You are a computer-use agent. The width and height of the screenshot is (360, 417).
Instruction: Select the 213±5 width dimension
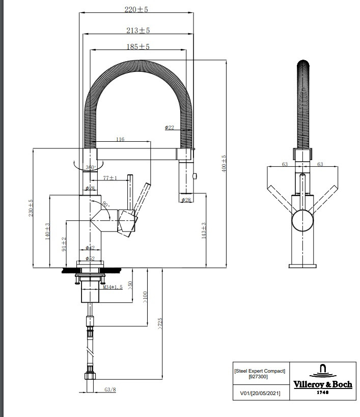pos(137,30)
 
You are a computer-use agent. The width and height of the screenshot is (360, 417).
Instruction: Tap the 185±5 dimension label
pos(137,47)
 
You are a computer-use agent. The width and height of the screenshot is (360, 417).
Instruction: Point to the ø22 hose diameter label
pos(170,127)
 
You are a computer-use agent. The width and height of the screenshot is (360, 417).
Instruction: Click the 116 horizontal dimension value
pos(120,139)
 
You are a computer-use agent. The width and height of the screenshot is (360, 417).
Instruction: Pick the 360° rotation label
pos(91,167)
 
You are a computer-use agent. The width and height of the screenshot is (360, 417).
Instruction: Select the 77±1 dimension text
pos(110,178)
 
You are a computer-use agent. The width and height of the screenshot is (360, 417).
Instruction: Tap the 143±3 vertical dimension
pos(203,230)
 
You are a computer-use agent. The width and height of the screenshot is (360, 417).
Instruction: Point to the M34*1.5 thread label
pos(114,288)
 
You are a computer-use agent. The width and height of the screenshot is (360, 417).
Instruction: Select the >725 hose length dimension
pos(160,323)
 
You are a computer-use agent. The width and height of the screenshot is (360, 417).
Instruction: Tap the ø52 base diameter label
pos(90,258)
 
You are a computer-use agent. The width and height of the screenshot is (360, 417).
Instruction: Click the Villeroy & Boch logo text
pos(322,385)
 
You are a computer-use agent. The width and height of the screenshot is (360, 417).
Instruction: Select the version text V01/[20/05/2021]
pos(259,393)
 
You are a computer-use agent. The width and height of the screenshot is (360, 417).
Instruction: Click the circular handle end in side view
pos(303,221)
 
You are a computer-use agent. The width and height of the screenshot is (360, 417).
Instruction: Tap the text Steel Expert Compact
pos(259,371)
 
